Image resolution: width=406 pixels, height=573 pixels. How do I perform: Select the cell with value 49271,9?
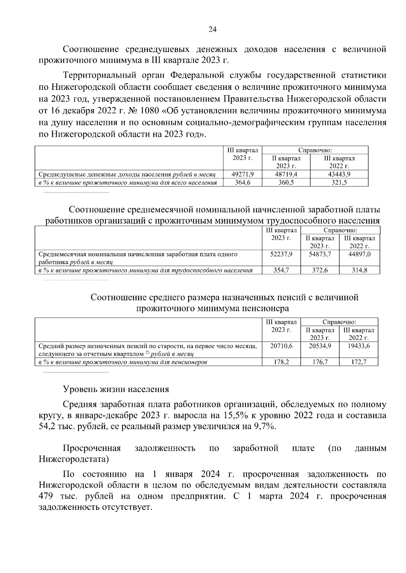point(242,175)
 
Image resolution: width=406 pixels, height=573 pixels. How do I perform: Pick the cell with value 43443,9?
point(339,175)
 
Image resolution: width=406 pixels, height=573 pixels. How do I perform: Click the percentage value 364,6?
point(242,183)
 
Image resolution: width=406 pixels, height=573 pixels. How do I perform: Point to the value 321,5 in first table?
point(339,183)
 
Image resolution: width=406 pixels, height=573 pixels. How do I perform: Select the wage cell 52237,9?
point(281,254)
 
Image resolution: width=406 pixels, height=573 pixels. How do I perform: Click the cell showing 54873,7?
point(320,254)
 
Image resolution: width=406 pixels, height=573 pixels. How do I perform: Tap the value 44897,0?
point(359,254)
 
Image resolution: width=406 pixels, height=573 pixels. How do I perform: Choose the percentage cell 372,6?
point(320,270)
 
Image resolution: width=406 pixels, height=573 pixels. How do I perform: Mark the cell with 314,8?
point(359,270)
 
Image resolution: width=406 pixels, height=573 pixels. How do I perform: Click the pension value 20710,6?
point(281,346)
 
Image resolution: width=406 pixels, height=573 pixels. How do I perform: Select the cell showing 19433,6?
point(359,346)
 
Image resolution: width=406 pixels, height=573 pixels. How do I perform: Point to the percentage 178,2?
point(281,362)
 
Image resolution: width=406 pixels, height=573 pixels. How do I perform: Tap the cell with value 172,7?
point(359,362)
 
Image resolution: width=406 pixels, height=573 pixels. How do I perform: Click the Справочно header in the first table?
point(315,150)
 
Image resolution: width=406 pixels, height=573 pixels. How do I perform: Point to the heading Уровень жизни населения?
point(116,389)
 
